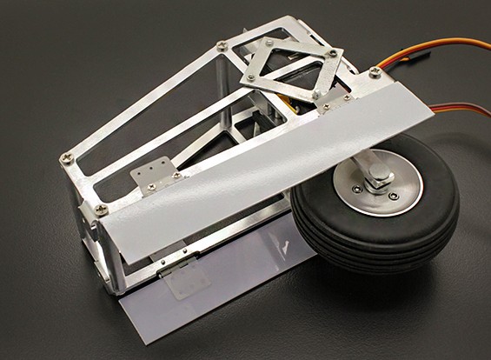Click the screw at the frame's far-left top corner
pyautogui.click(x=67, y=157)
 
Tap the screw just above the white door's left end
pyautogui.click(x=102, y=209)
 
